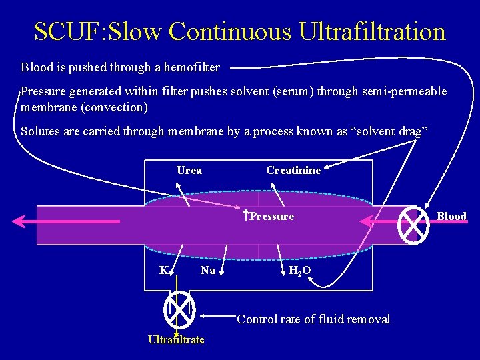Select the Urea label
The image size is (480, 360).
pyautogui.click(x=189, y=170)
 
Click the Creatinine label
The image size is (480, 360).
pyautogui.click(x=293, y=171)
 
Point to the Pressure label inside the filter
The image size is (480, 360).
pyautogui.click(x=272, y=216)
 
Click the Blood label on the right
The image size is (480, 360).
pyautogui.click(x=451, y=216)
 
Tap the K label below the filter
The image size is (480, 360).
pyautogui.click(x=163, y=270)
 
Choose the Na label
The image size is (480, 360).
pyautogui.click(x=208, y=270)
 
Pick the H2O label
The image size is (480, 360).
pyautogui.click(x=299, y=271)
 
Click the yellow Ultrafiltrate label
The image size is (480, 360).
pyautogui.click(x=176, y=340)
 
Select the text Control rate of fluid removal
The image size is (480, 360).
pyautogui.click(x=313, y=319)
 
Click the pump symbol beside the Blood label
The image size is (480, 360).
pyautogui.click(x=413, y=226)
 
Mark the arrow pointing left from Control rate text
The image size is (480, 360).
pyautogui.click(x=217, y=315)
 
